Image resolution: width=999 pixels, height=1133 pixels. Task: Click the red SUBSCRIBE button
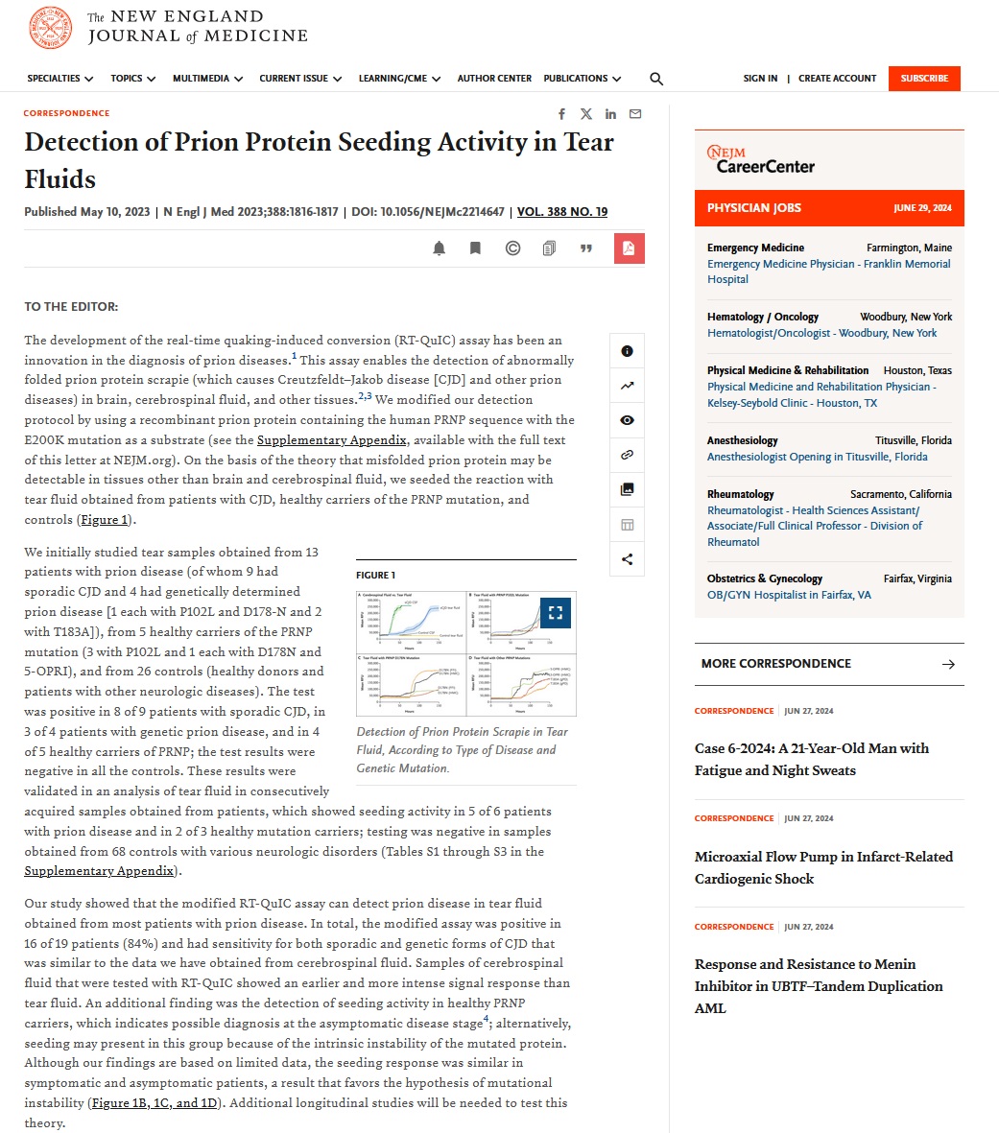click(x=923, y=79)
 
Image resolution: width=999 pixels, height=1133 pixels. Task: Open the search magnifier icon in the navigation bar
click(x=656, y=79)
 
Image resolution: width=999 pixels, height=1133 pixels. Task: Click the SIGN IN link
click(x=760, y=79)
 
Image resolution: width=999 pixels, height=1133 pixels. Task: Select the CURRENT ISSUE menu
click(x=299, y=79)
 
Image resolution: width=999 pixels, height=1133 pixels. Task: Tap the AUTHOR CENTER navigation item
click(x=494, y=79)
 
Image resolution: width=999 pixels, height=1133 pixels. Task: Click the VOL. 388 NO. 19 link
click(x=561, y=212)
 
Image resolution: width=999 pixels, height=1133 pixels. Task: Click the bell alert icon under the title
click(x=440, y=248)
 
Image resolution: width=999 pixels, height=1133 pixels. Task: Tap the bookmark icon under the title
click(x=475, y=248)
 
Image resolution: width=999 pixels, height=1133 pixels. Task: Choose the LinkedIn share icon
click(x=610, y=114)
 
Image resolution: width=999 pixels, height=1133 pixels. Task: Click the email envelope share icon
click(x=635, y=114)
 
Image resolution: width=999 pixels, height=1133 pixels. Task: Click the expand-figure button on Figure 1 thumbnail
click(x=556, y=612)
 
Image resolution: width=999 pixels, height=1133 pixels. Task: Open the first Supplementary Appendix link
click(x=331, y=440)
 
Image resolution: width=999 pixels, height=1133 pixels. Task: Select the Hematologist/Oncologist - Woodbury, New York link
click(x=821, y=333)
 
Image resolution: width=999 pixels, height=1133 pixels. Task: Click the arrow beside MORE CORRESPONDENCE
click(x=948, y=664)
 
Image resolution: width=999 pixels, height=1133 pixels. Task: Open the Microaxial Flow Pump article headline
click(x=823, y=867)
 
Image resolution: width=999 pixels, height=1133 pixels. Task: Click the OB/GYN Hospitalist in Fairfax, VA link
click(x=789, y=595)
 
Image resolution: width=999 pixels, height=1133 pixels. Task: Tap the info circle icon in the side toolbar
click(x=627, y=351)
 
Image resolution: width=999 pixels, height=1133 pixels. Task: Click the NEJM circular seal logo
click(x=51, y=28)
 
